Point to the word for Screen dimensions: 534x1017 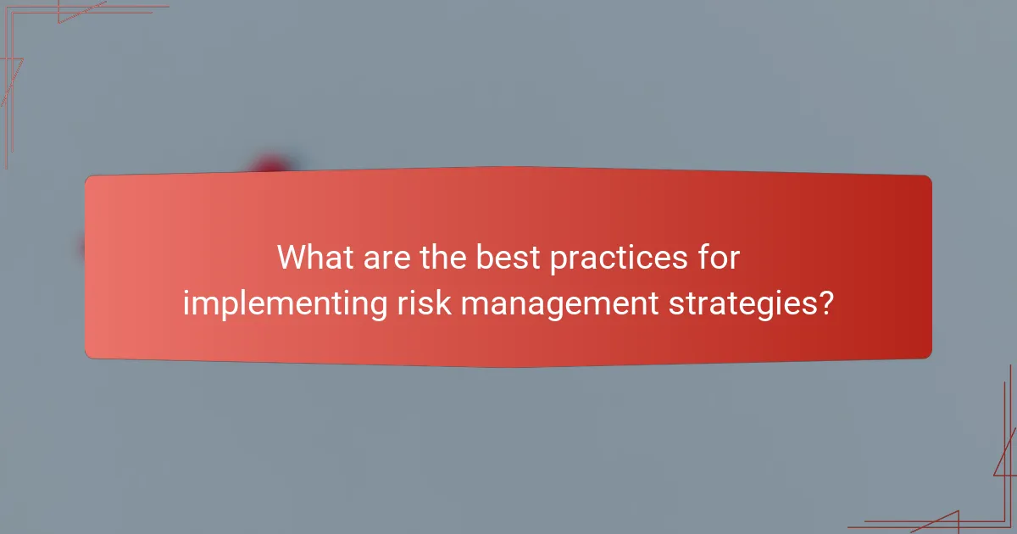[720, 258]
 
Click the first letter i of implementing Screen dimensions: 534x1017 [186, 302]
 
